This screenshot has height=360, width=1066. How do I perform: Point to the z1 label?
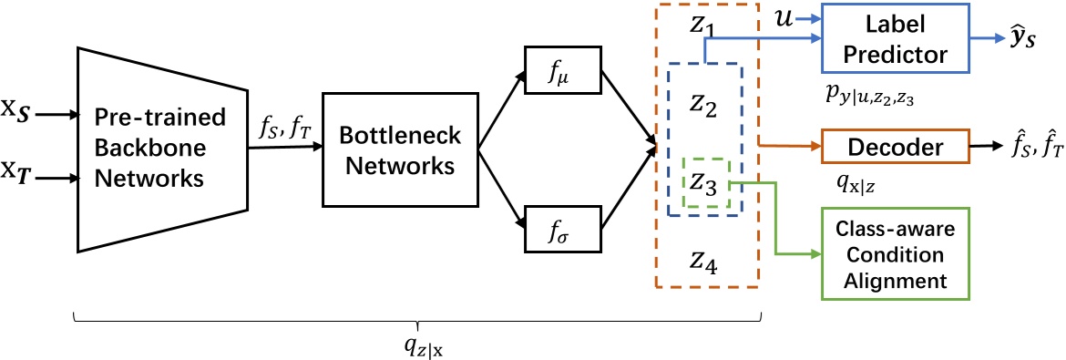pyautogui.click(x=702, y=27)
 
